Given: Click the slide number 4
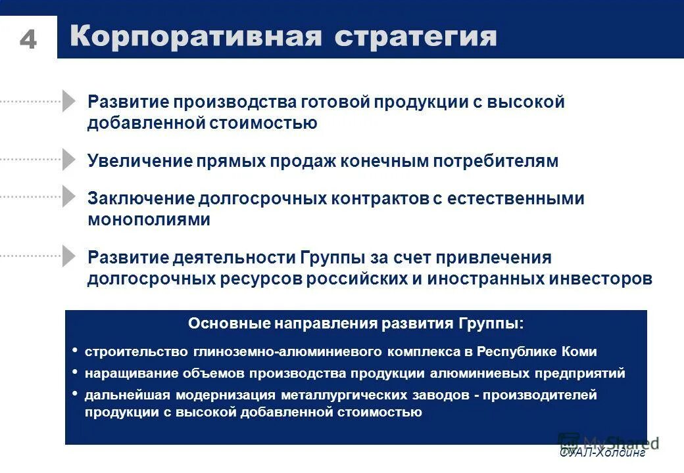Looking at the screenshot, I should pyautogui.click(x=28, y=40).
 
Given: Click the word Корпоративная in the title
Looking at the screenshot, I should pyautogui.click(x=196, y=37).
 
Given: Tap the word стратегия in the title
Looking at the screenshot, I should pyautogui.click(x=416, y=37).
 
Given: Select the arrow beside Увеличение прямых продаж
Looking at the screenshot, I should pyautogui.click(x=69, y=160).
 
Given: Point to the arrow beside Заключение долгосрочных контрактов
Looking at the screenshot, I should pyautogui.click(x=69, y=196).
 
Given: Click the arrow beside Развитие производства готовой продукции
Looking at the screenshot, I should pyautogui.click(x=69, y=101).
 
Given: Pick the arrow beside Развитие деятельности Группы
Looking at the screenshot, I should pyautogui.click(x=69, y=256).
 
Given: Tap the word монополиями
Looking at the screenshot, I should pyautogui.click(x=149, y=220).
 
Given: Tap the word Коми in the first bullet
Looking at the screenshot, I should pyautogui.click(x=579, y=351).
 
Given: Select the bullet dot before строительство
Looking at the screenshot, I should pyautogui.click(x=75, y=350).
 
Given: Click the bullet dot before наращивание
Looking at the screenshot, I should pyautogui.click(x=75, y=372).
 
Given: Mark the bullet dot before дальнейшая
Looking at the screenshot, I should pyautogui.click(x=75, y=394).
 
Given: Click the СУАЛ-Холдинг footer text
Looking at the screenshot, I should pyautogui.click(x=602, y=453).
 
